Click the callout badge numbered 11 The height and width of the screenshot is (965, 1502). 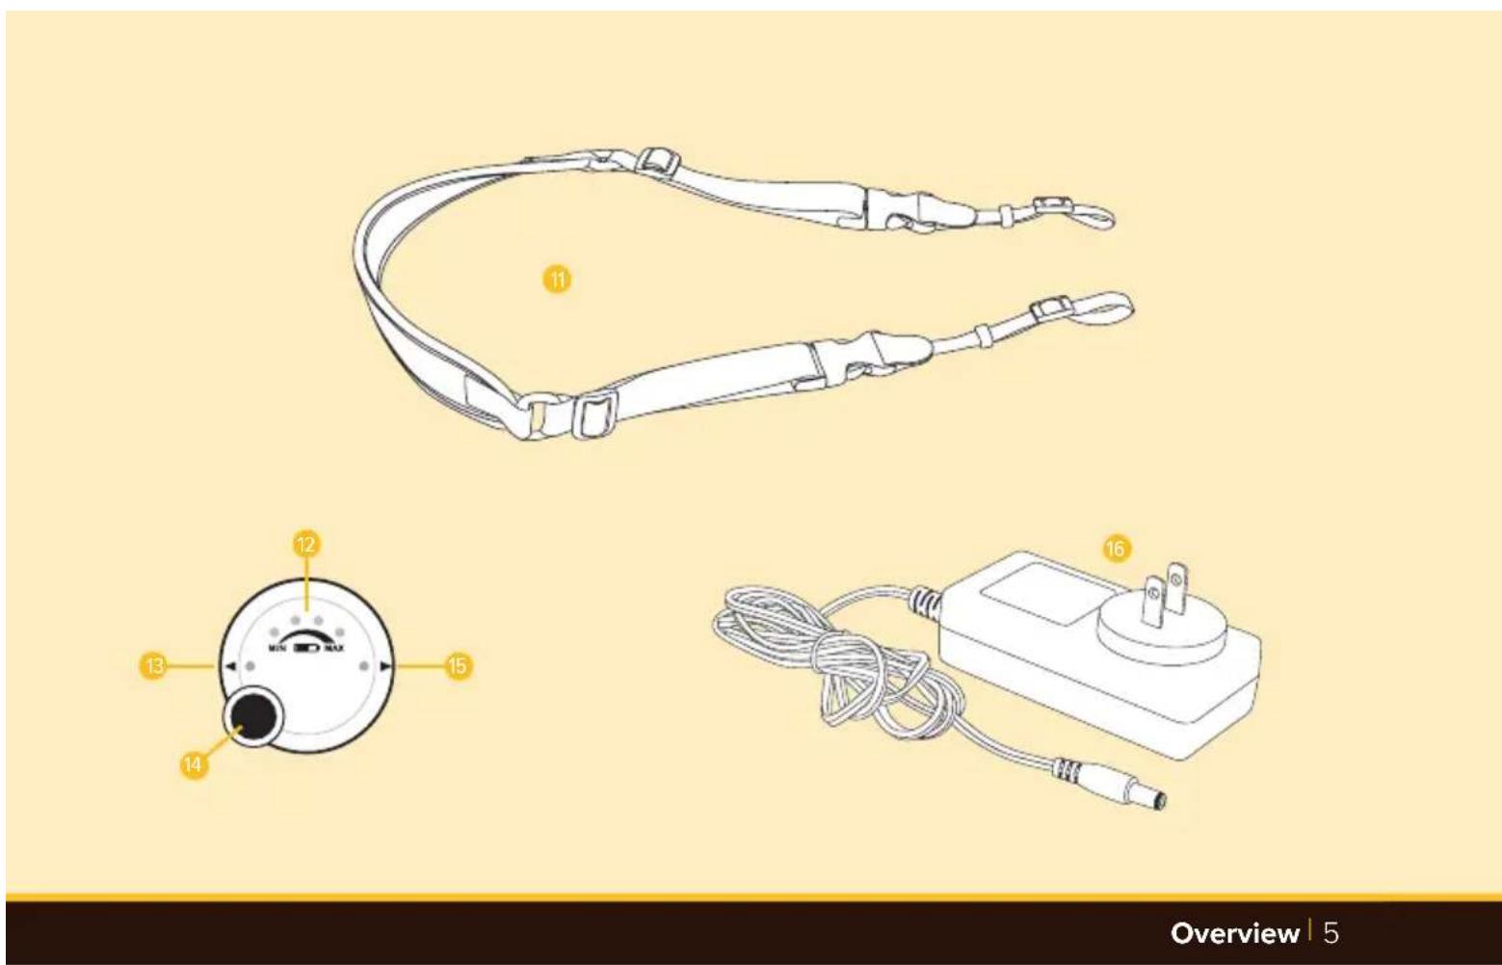tap(557, 280)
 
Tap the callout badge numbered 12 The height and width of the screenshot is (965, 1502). tap(306, 544)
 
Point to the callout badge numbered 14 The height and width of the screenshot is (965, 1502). tap(193, 764)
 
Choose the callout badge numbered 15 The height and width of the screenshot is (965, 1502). tap(458, 666)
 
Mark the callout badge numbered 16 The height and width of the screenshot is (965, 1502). tap(1117, 549)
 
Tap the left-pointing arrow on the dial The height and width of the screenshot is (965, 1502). tap(230, 667)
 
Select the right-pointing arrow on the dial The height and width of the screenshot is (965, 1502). tap(384, 667)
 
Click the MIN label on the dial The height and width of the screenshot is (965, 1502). tap(277, 648)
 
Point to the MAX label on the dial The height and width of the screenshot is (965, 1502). tap(333, 648)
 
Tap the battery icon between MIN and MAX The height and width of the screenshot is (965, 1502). tap(306, 648)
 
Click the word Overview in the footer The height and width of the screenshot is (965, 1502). tap(1234, 933)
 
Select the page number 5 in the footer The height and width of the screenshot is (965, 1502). tap(1331, 933)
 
